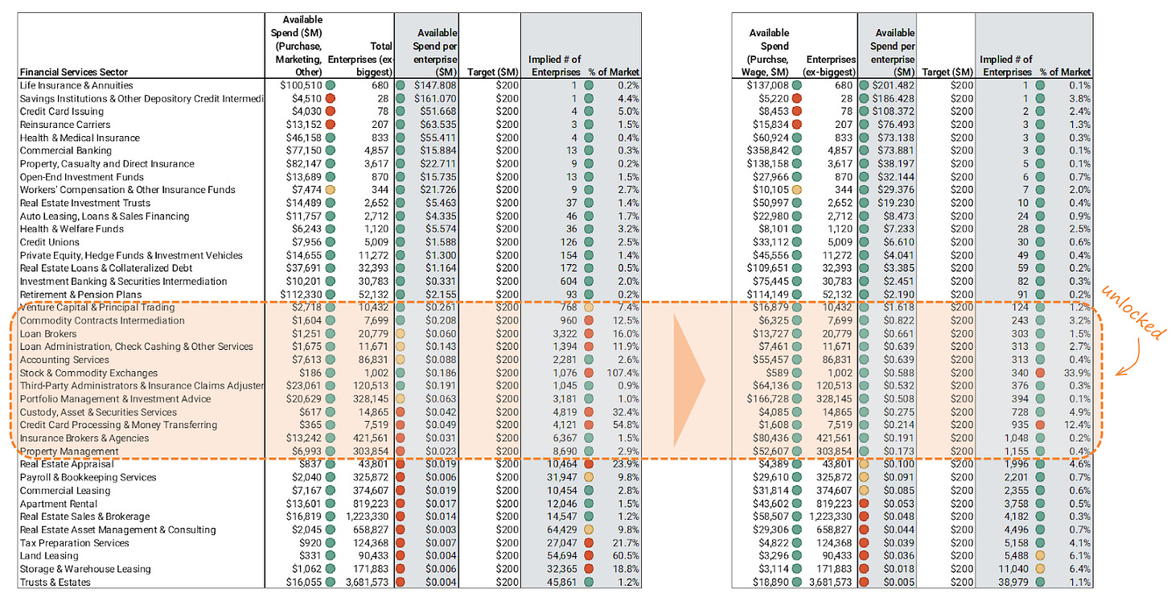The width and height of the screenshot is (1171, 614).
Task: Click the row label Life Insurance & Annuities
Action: click(x=76, y=85)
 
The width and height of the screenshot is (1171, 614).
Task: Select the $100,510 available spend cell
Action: click(x=300, y=85)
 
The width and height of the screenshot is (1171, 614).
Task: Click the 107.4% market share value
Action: click(x=623, y=373)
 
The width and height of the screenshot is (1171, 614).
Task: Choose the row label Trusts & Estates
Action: click(x=55, y=582)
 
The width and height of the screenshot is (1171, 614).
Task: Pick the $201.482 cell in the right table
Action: click(x=892, y=85)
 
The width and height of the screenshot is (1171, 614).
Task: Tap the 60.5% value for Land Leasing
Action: click(x=624, y=556)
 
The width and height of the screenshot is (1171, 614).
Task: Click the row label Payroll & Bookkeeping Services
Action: click(x=88, y=477)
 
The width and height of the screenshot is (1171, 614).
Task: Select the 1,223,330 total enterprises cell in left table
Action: click(x=369, y=517)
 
